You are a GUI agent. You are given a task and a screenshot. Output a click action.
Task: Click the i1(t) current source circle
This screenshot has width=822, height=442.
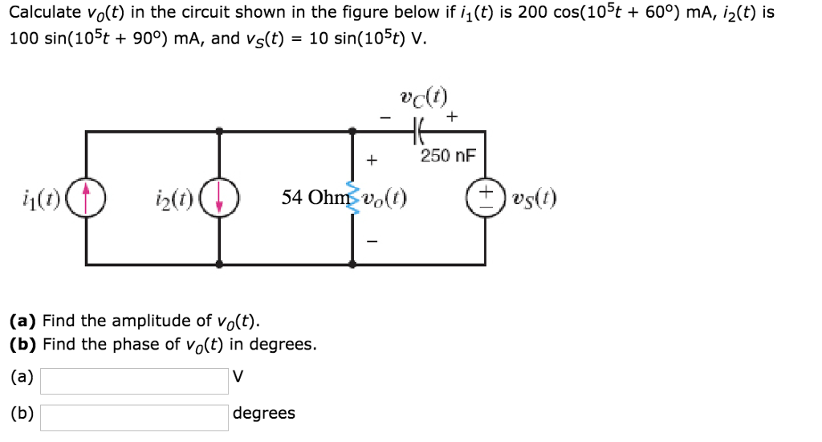[x=86, y=198]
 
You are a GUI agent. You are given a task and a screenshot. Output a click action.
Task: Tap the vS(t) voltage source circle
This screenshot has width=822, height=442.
[x=485, y=198]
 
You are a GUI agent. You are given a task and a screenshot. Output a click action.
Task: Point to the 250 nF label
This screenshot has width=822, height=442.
[x=446, y=155]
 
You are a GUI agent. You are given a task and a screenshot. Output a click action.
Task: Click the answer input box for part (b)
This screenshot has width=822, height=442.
[x=134, y=417]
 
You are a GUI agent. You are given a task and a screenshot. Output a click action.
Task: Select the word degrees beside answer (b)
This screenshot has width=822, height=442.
[x=263, y=413]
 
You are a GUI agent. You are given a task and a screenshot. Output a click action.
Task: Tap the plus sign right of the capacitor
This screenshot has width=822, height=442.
[x=452, y=118]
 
